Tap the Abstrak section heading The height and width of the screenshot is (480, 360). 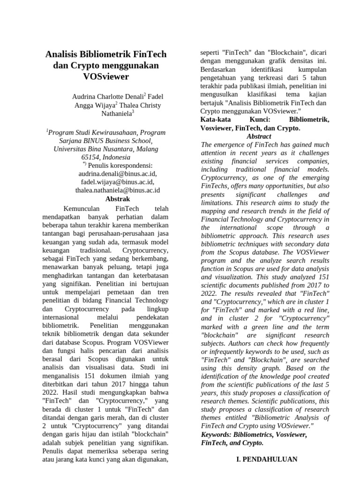click(x=118, y=199)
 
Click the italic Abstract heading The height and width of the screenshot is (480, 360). click(x=259, y=136)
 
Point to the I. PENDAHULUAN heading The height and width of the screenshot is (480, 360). click(x=266, y=459)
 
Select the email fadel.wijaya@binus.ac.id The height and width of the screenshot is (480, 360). click(x=117, y=182)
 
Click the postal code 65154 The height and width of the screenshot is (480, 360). click(x=91, y=157)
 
